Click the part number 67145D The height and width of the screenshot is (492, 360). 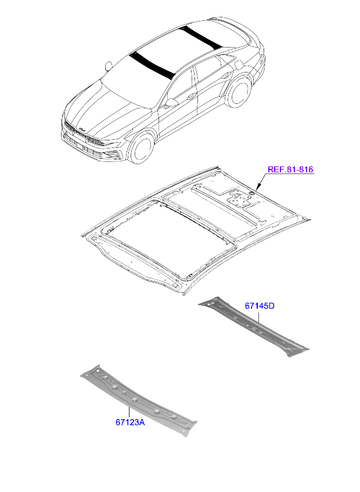click(259, 306)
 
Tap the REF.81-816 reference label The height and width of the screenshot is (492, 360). click(290, 170)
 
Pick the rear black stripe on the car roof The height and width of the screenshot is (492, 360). click(200, 37)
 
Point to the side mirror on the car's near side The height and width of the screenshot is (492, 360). click(171, 103)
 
